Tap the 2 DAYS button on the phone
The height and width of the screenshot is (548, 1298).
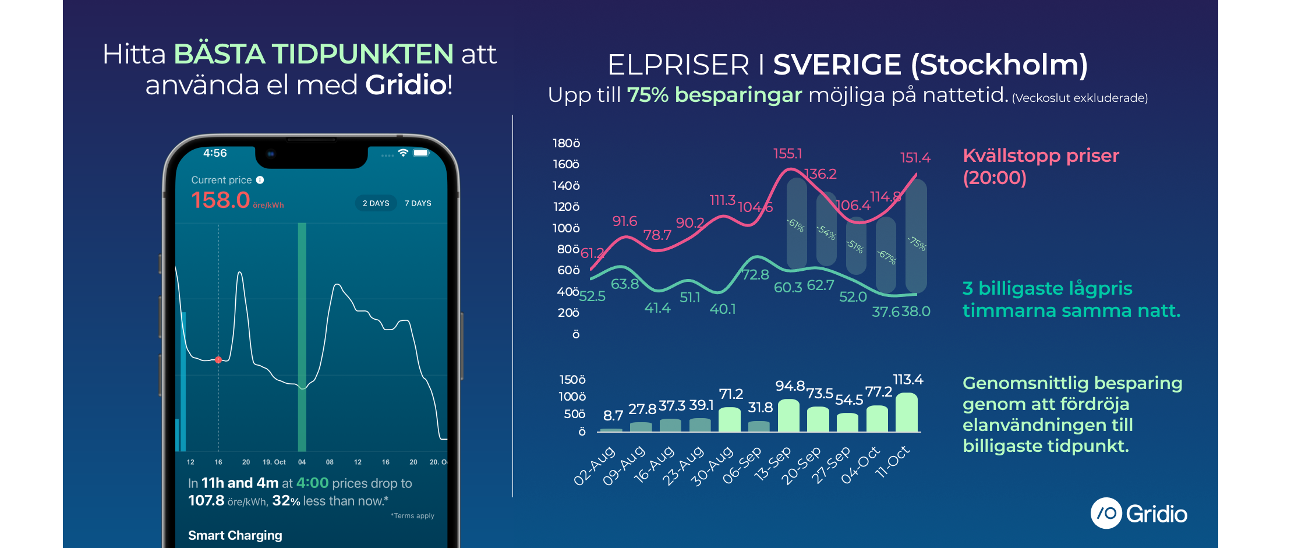(376, 203)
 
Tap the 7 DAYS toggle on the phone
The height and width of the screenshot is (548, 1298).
(418, 203)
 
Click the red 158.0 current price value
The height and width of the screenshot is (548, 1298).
(221, 200)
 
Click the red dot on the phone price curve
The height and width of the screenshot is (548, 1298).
(218, 360)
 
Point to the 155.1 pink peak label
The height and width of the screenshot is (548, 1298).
(787, 154)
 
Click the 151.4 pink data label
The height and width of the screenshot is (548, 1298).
(915, 158)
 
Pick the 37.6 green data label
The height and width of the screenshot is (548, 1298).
(885, 312)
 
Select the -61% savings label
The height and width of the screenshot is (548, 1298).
(796, 225)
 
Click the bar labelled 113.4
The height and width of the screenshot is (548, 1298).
(907, 412)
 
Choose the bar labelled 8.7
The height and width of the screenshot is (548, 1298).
(611, 430)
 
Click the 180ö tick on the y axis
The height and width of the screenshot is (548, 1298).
(566, 143)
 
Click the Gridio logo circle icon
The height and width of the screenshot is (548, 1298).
(1106, 513)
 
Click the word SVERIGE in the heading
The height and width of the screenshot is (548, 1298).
(837, 65)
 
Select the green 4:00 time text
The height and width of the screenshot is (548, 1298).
(313, 483)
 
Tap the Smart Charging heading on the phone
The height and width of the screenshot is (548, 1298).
(235, 535)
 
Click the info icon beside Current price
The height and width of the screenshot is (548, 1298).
(260, 180)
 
